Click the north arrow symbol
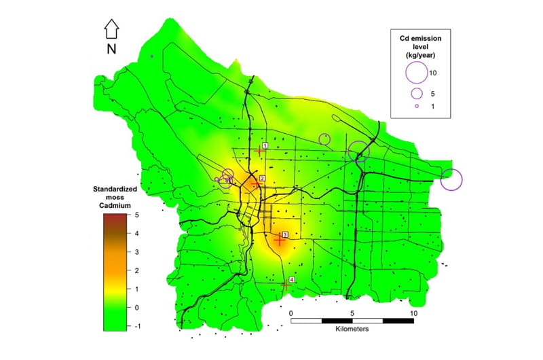[112, 29]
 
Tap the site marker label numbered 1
[265, 145]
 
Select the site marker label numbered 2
[261, 179]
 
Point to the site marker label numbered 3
[285, 235]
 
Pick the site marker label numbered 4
[292, 280]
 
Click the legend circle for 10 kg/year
[415, 72]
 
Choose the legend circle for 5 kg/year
[417, 93]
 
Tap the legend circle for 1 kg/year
[417, 107]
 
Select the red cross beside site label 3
[279, 240]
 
